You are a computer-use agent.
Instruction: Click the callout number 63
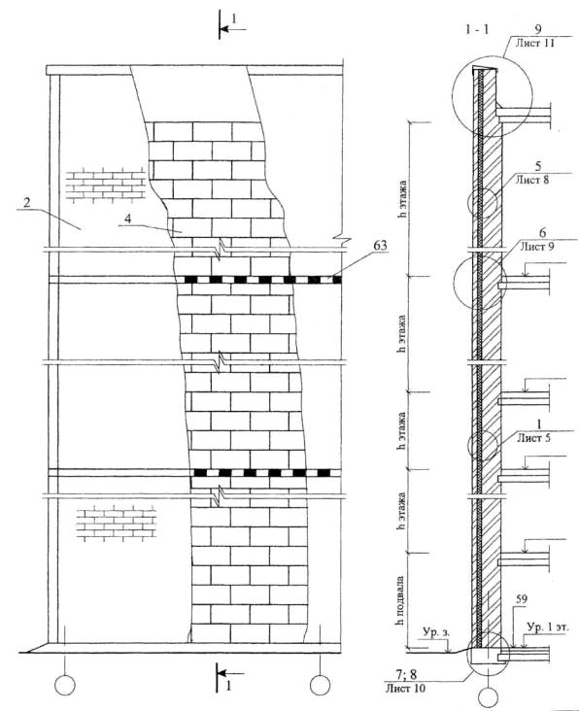click(380, 246)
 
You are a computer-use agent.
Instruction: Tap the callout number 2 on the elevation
click(27, 202)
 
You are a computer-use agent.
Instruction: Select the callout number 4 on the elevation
click(128, 219)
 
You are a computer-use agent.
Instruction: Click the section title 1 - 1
click(477, 30)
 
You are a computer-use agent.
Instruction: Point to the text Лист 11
click(535, 43)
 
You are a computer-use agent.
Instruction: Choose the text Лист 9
click(537, 247)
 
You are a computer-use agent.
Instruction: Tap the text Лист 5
click(534, 438)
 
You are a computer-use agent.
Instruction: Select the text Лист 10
click(405, 688)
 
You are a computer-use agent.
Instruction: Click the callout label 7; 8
click(406, 675)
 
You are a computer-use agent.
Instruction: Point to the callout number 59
click(522, 599)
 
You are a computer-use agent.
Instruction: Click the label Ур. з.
click(436, 632)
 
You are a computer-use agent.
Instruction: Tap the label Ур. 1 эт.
click(547, 627)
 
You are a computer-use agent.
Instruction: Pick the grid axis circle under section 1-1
click(488, 697)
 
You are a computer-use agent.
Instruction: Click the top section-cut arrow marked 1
click(232, 29)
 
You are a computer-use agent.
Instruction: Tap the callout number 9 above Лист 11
click(537, 29)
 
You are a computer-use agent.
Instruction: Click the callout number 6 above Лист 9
click(542, 233)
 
